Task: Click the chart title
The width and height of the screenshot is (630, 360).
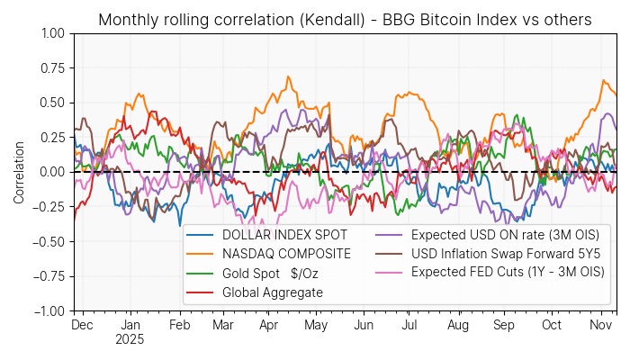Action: click(x=345, y=20)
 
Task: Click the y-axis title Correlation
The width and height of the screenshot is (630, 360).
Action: click(x=19, y=171)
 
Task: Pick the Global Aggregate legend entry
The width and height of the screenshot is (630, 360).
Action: click(x=259, y=292)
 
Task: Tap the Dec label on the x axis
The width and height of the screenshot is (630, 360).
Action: click(x=83, y=325)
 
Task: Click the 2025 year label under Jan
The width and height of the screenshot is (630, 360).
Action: click(x=130, y=340)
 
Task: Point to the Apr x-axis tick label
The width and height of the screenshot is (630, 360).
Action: click(x=268, y=325)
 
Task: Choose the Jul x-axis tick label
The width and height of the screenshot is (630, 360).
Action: click(x=409, y=325)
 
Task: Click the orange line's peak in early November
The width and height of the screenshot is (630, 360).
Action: click(x=603, y=80)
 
